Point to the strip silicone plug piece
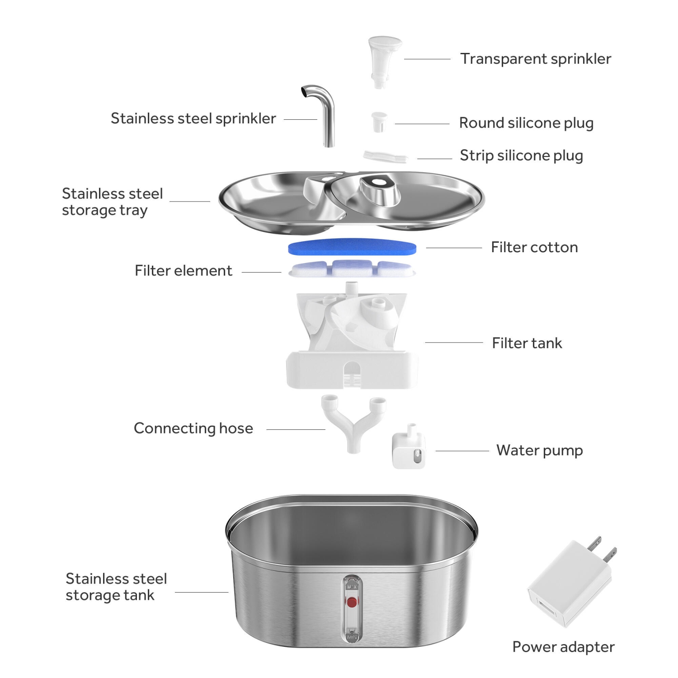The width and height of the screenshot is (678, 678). click(x=385, y=156)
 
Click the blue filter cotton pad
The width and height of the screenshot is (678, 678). click(x=352, y=247)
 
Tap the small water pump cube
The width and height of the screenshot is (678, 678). click(x=408, y=450)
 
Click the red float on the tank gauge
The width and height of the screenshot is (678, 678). click(x=352, y=602)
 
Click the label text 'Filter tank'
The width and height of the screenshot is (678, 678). click(x=527, y=343)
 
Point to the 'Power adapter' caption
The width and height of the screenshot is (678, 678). click(x=563, y=647)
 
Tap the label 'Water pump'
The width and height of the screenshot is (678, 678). click(x=539, y=450)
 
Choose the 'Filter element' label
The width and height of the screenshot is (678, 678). click(x=183, y=271)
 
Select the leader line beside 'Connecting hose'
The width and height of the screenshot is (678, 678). click(x=296, y=429)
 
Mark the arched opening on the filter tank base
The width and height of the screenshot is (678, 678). click(x=352, y=373)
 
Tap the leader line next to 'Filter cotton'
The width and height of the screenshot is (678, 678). click(x=453, y=248)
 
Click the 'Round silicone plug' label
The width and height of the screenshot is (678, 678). click(x=526, y=123)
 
